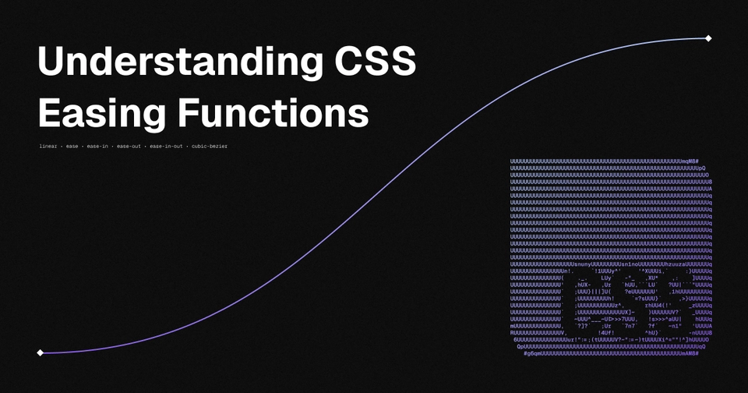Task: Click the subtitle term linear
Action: (x=48, y=147)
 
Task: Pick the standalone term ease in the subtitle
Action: (x=72, y=147)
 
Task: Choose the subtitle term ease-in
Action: (x=97, y=147)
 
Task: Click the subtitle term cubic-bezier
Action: (x=210, y=147)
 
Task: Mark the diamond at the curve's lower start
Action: (x=41, y=352)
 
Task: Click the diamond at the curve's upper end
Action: (x=708, y=38)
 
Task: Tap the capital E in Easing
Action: (x=50, y=115)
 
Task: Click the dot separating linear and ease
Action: (x=61, y=147)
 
